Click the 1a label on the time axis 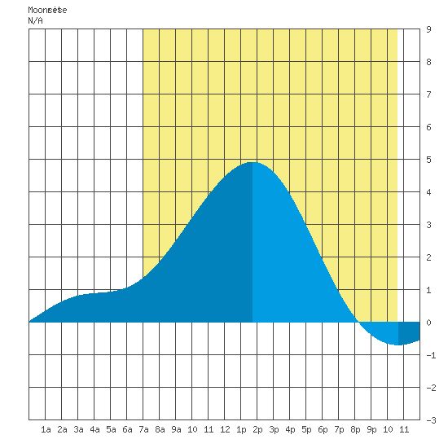pos(46,429)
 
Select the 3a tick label pos(78,429)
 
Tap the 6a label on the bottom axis pos(127,429)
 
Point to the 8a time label pos(160,429)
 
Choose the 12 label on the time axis pos(225,429)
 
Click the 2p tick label pos(257,429)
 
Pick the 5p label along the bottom pos(306,429)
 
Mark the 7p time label pos(339,429)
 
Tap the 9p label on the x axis pos(371,429)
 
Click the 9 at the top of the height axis pos(428,29)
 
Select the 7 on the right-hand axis pos(428,94)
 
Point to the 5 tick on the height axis pos(428,160)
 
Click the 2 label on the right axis pos(428,257)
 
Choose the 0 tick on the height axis pos(428,323)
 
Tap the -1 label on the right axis pos(431,355)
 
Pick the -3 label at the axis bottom pos(431,420)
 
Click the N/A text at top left pos(35,20)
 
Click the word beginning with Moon pos(47,10)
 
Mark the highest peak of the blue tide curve pos(253,162)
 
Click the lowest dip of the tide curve pos(398,345)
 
